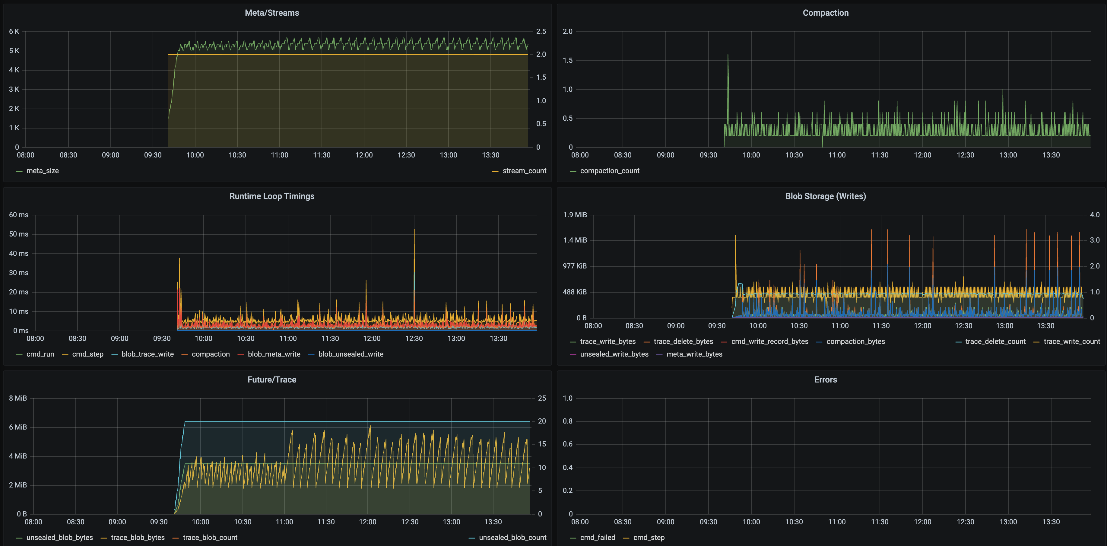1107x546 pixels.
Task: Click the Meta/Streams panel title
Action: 271,13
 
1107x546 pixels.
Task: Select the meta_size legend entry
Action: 42,171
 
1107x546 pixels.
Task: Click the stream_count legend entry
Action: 524,171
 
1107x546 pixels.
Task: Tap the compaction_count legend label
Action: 609,171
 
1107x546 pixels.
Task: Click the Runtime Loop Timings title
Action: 271,196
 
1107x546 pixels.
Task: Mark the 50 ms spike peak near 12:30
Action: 414,230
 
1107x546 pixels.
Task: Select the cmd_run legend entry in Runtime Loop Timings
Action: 40,354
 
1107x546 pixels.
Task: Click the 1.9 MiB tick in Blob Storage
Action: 575,214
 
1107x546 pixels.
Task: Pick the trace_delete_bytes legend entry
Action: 683,341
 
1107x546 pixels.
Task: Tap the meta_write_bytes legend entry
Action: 694,354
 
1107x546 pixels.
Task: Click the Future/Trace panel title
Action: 271,379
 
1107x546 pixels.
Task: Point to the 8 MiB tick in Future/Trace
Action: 17,398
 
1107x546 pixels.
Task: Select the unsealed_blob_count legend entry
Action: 512,537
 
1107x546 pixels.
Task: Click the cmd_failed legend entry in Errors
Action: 597,537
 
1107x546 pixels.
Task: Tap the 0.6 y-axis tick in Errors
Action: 568,444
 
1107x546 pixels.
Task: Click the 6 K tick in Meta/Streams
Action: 14,31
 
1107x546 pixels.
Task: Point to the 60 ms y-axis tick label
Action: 18,214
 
